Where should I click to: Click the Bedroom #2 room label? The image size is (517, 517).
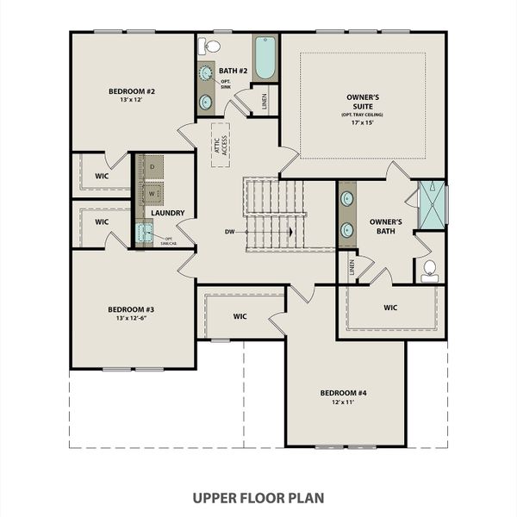coord(132,90)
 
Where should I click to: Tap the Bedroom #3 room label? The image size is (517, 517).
coord(131,309)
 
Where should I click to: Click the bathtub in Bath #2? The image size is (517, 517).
coord(265,57)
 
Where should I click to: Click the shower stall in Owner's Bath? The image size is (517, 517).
coord(432,205)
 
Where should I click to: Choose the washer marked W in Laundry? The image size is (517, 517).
coord(153,191)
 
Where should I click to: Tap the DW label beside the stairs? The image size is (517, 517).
coord(230,231)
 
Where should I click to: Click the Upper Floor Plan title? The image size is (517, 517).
coord(258,497)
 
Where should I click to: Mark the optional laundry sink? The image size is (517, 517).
coord(145,231)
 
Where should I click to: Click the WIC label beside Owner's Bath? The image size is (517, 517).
coord(390,307)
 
